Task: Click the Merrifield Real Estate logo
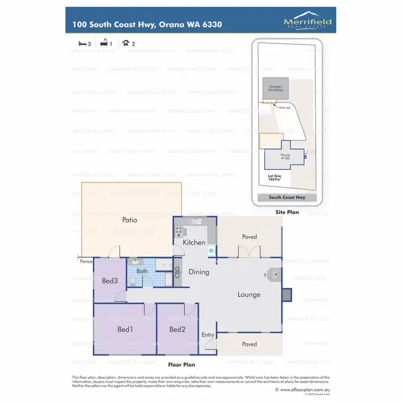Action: coord(308,22)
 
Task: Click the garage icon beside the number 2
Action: coord(126,42)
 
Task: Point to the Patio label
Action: coord(130,220)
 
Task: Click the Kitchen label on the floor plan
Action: coord(194,242)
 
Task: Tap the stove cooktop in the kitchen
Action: coord(178,232)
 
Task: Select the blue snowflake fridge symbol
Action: coord(211,250)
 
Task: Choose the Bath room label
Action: coord(142,271)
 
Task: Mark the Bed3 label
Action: coord(109,281)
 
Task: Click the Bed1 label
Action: coord(124,329)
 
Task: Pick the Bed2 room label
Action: coord(177,329)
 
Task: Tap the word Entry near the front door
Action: coord(208,335)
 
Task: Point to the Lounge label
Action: coord(249,294)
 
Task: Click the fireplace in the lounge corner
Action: coord(274,274)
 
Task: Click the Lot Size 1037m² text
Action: coord(276,177)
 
